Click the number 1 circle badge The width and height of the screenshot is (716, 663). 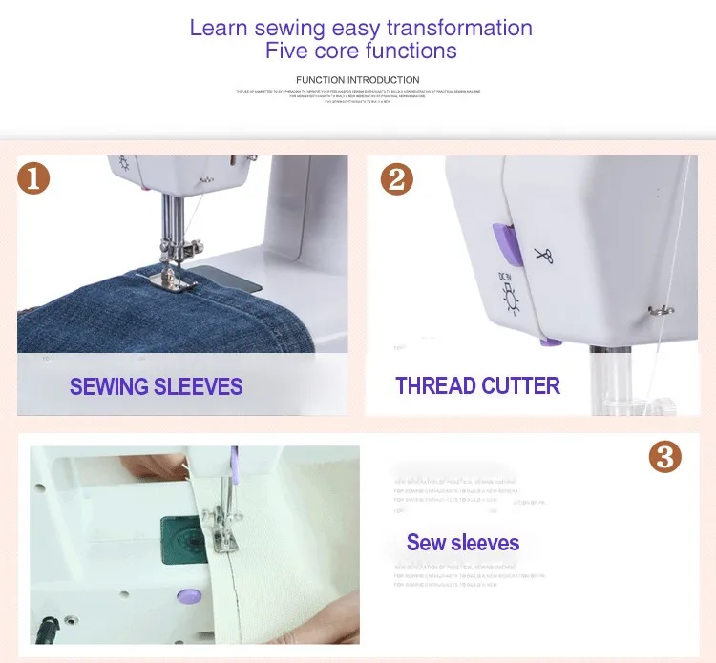click(33, 178)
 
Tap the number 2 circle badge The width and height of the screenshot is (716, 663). click(396, 179)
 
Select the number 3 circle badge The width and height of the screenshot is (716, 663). click(664, 457)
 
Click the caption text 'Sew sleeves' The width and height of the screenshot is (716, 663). click(463, 543)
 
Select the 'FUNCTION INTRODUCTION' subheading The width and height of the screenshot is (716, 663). click(357, 80)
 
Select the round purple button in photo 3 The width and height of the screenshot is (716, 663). click(187, 595)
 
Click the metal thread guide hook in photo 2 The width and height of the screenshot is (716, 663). click(656, 308)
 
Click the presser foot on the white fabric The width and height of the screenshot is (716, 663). click(224, 539)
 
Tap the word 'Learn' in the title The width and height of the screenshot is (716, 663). click(220, 27)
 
